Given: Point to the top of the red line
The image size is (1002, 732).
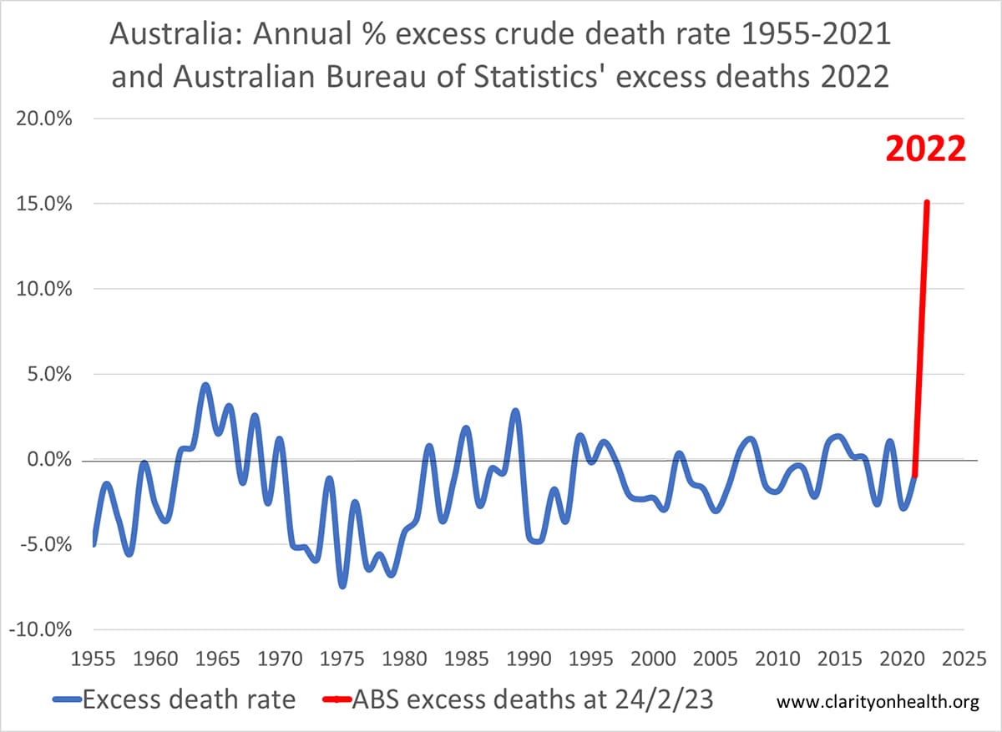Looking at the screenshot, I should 927,202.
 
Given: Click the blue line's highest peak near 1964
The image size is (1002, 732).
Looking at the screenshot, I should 205,386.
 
